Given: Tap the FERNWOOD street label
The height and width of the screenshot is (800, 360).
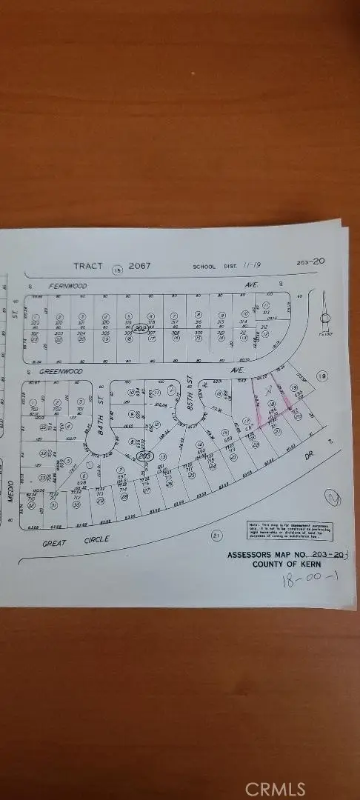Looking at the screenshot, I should [68, 285].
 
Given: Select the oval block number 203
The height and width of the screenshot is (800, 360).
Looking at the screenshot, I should [145, 457].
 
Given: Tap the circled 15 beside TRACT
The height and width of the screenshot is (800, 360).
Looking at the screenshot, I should [117, 270].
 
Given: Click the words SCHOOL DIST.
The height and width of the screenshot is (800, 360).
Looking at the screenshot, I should [213, 267].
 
